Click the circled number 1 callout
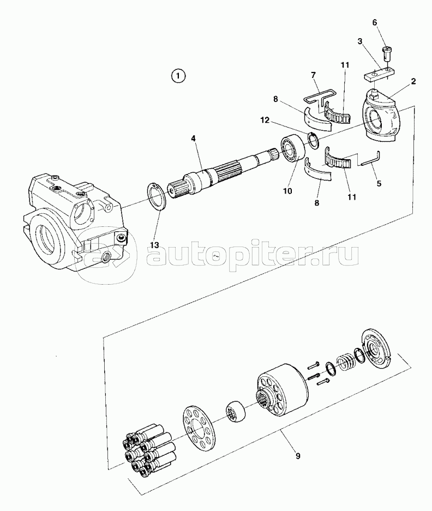[178, 76]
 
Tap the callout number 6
[375, 22]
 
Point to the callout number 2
[413, 81]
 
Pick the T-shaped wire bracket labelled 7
[320, 98]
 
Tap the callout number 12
[265, 121]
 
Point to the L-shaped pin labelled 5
[370, 160]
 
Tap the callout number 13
[154, 245]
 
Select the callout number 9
[298, 456]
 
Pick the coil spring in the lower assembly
[346, 362]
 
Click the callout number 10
[287, 191]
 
